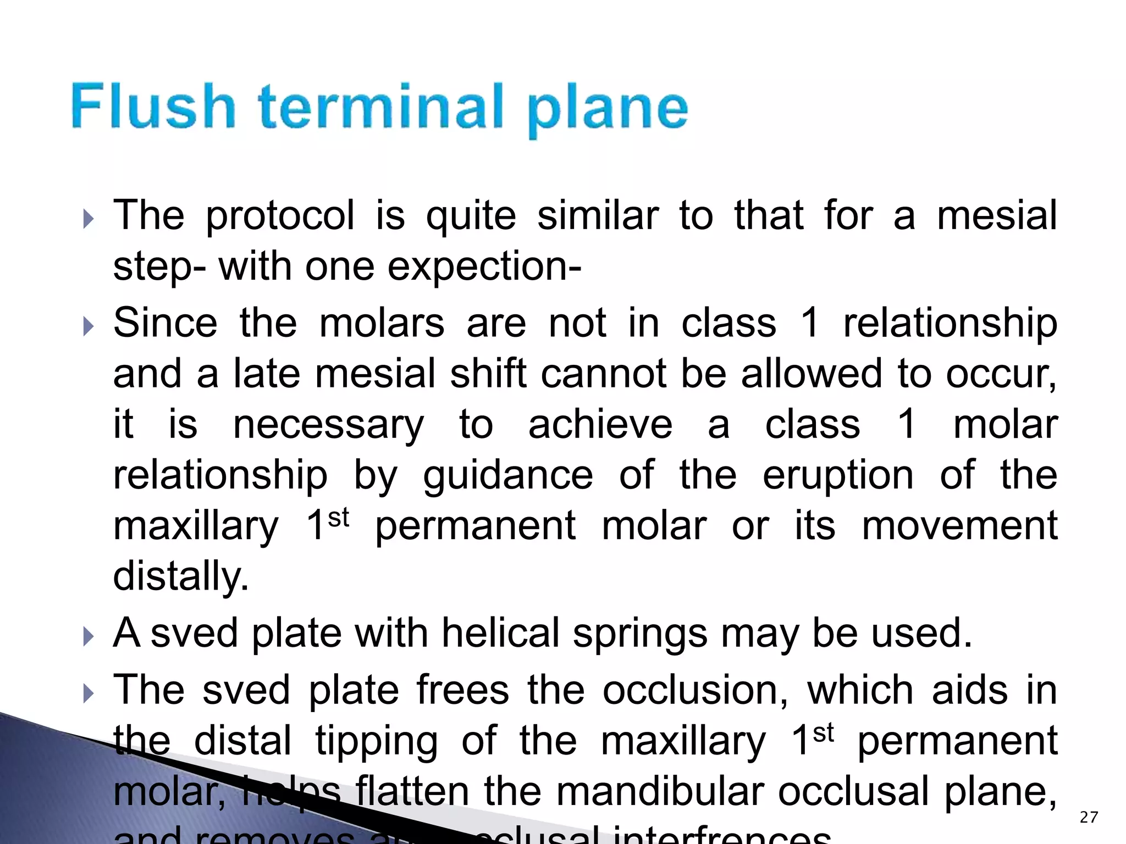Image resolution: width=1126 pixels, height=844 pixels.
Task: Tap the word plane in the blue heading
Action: tap(607, 109)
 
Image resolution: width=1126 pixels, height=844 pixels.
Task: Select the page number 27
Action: tap(1089, 817)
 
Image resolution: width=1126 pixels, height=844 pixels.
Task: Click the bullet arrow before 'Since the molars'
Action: tap(89, 327)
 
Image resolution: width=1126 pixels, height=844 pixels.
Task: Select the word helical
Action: tap(500, 633)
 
